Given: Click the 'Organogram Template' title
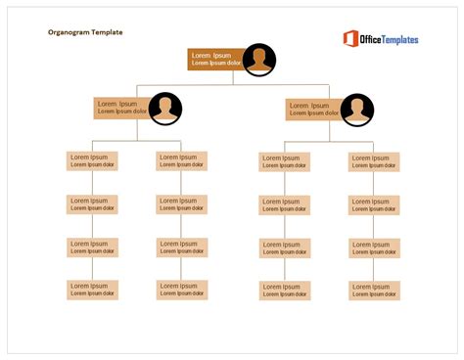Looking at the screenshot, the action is click(85, 32).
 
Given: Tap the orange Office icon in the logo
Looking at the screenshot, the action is click(350, 39).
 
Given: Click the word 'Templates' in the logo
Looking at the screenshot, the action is click(395, 39).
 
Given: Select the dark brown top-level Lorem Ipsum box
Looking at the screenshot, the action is click(214, 60).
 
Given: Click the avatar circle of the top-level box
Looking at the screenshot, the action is click(258, 60).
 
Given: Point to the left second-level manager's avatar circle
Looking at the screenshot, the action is click(165, 109).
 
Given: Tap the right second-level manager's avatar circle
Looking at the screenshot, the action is click(356, 109).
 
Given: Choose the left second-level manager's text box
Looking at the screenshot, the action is click(121, 108).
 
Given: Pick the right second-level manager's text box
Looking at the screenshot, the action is click(312, 109).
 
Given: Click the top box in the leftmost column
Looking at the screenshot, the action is click(93, 160).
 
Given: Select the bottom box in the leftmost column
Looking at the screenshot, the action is click(93, 290).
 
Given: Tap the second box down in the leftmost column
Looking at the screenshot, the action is click(93, 204).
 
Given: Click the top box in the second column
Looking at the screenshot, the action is click(182, 160).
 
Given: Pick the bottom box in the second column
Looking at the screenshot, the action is click(182, 290).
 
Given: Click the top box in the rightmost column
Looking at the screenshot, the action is click(374, 161).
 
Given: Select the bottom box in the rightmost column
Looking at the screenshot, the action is click(374, 291).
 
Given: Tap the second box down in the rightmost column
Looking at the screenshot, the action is click(374, 205).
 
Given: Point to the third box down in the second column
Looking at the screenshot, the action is click(182, 247).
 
